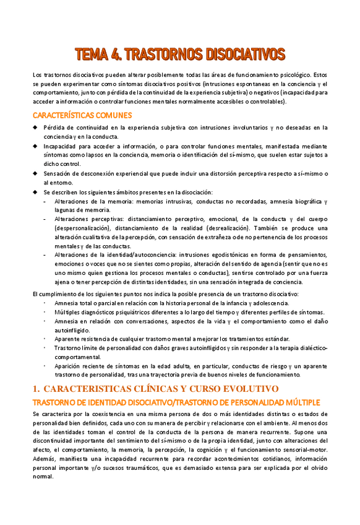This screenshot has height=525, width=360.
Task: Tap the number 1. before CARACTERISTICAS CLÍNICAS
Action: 36,388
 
